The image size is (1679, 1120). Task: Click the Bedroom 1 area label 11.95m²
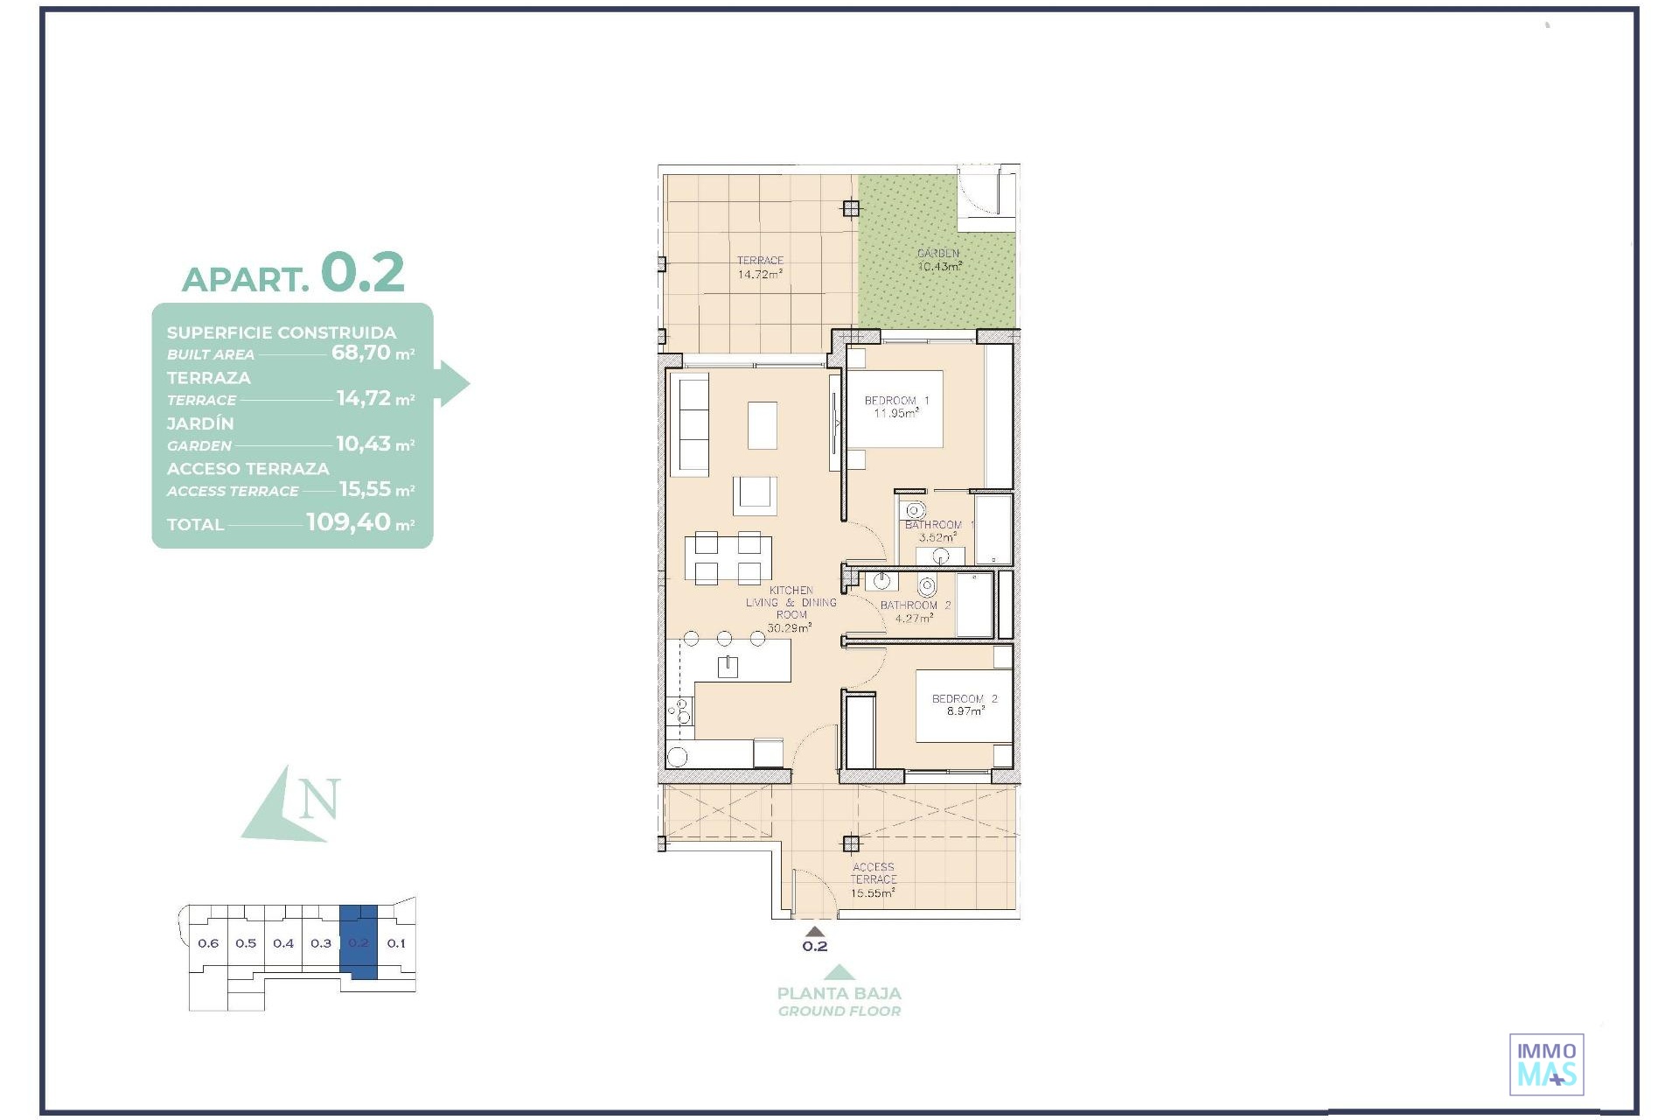click(x=896, y=413)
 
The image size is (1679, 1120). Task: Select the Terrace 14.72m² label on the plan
click(x=760, y=267)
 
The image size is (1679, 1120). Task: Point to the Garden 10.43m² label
click(x=939, y=260)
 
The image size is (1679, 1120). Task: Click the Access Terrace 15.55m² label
click(x=874, y=880)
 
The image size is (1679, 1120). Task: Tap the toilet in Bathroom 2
click(x=927, y=585)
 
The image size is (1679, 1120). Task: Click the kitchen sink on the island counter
click(x=728, y=668)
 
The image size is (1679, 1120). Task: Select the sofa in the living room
click(x=689, y=424)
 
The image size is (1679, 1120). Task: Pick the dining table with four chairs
click(x=728, y=557)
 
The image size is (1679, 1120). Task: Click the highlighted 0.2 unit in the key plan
click(x=359, y=942)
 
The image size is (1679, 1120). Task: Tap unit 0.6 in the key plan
click(x=208, y=943)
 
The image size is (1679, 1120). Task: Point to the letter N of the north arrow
click(x=319, y=799)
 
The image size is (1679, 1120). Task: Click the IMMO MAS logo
click(x=1547, y=1064)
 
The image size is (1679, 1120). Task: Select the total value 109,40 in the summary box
click(x=348, y=522)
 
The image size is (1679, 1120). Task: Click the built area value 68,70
click(x=360, y=353)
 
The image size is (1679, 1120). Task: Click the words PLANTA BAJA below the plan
click(x=839, y=993)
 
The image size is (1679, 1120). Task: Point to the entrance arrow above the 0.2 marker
click(x=815, y=932)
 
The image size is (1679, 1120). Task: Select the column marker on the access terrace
click(x=851, y=843)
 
